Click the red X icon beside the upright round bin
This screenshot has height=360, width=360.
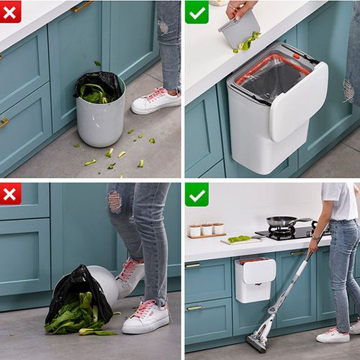[x=11, y=11]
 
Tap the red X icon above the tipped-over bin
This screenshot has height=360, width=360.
[x=11, y=193]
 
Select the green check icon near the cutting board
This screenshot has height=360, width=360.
[x=196, y=12]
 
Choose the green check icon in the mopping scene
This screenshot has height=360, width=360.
[x=196, y=194]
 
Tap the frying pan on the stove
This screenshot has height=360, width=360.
[x=282, y=221]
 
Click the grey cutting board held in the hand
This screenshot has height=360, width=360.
[x=240, y=29]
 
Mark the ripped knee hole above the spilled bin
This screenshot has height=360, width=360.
[x=115, y=201]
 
